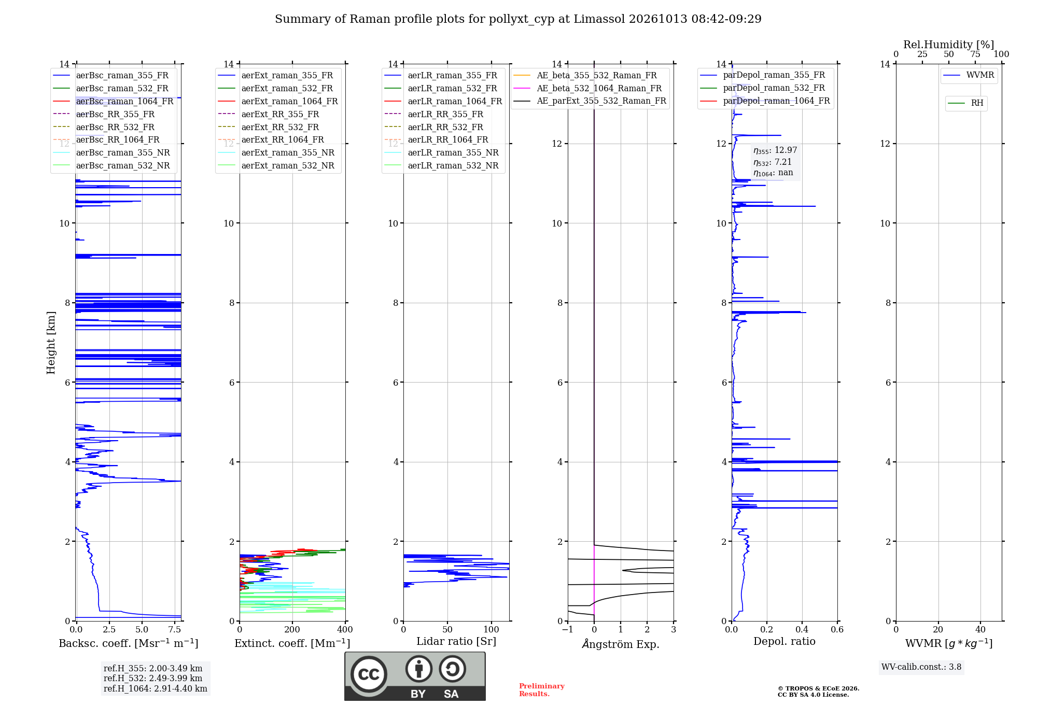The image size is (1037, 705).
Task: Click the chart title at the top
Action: (x=518, y=19)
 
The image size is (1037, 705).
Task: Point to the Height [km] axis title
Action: (x=51, y=343)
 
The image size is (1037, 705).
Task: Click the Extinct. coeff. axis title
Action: (x=292, y=643)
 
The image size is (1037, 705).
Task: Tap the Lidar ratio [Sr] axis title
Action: (x=456, y=642)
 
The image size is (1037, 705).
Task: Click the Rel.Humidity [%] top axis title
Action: (x=949, y=45)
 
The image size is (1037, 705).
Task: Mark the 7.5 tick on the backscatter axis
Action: (x=175, y=630)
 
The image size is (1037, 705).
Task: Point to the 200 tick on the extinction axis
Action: (x=292, y=630)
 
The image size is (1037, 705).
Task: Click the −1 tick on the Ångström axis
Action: (x=568, y=630)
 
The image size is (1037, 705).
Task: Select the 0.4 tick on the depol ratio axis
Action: (x=802, y=630)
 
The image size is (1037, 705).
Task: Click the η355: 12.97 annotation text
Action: (x=775, y=150)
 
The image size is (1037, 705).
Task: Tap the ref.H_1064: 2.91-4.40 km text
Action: (x=156, y=689)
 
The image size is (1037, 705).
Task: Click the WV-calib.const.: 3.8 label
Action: (x=921, y=667)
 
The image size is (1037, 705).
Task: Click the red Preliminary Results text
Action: (x=542, y=690)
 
